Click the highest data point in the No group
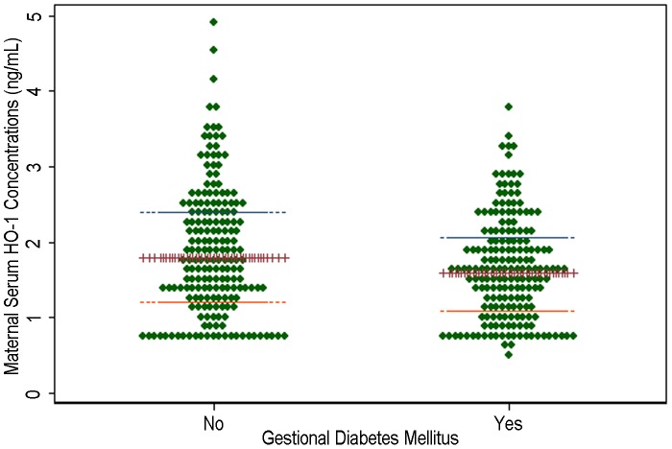213,21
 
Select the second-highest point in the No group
213,50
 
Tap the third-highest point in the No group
213,79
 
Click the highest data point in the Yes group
508,106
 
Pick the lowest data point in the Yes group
508,355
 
